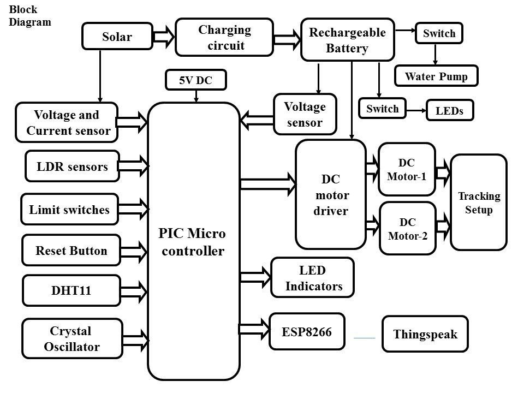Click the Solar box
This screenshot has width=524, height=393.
117,37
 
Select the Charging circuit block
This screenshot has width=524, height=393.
224,37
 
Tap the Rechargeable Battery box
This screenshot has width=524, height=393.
347,40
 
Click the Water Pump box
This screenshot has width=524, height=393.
436,76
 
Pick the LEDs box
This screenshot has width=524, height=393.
449,110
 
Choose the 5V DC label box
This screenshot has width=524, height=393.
195,81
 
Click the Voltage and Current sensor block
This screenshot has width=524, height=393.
67,123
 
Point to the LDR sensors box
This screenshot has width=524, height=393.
72,166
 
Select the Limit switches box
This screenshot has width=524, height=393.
69,209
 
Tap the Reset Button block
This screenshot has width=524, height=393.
71,251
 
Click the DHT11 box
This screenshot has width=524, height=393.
71,290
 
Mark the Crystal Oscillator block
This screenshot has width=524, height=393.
71,338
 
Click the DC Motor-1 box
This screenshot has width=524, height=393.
407,169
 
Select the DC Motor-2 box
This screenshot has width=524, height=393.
407,228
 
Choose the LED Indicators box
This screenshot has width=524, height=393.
313,278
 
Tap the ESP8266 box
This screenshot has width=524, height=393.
307,331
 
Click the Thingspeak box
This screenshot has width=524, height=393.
425,334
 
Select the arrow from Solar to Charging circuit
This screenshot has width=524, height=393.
163,37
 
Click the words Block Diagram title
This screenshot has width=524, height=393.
30,16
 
